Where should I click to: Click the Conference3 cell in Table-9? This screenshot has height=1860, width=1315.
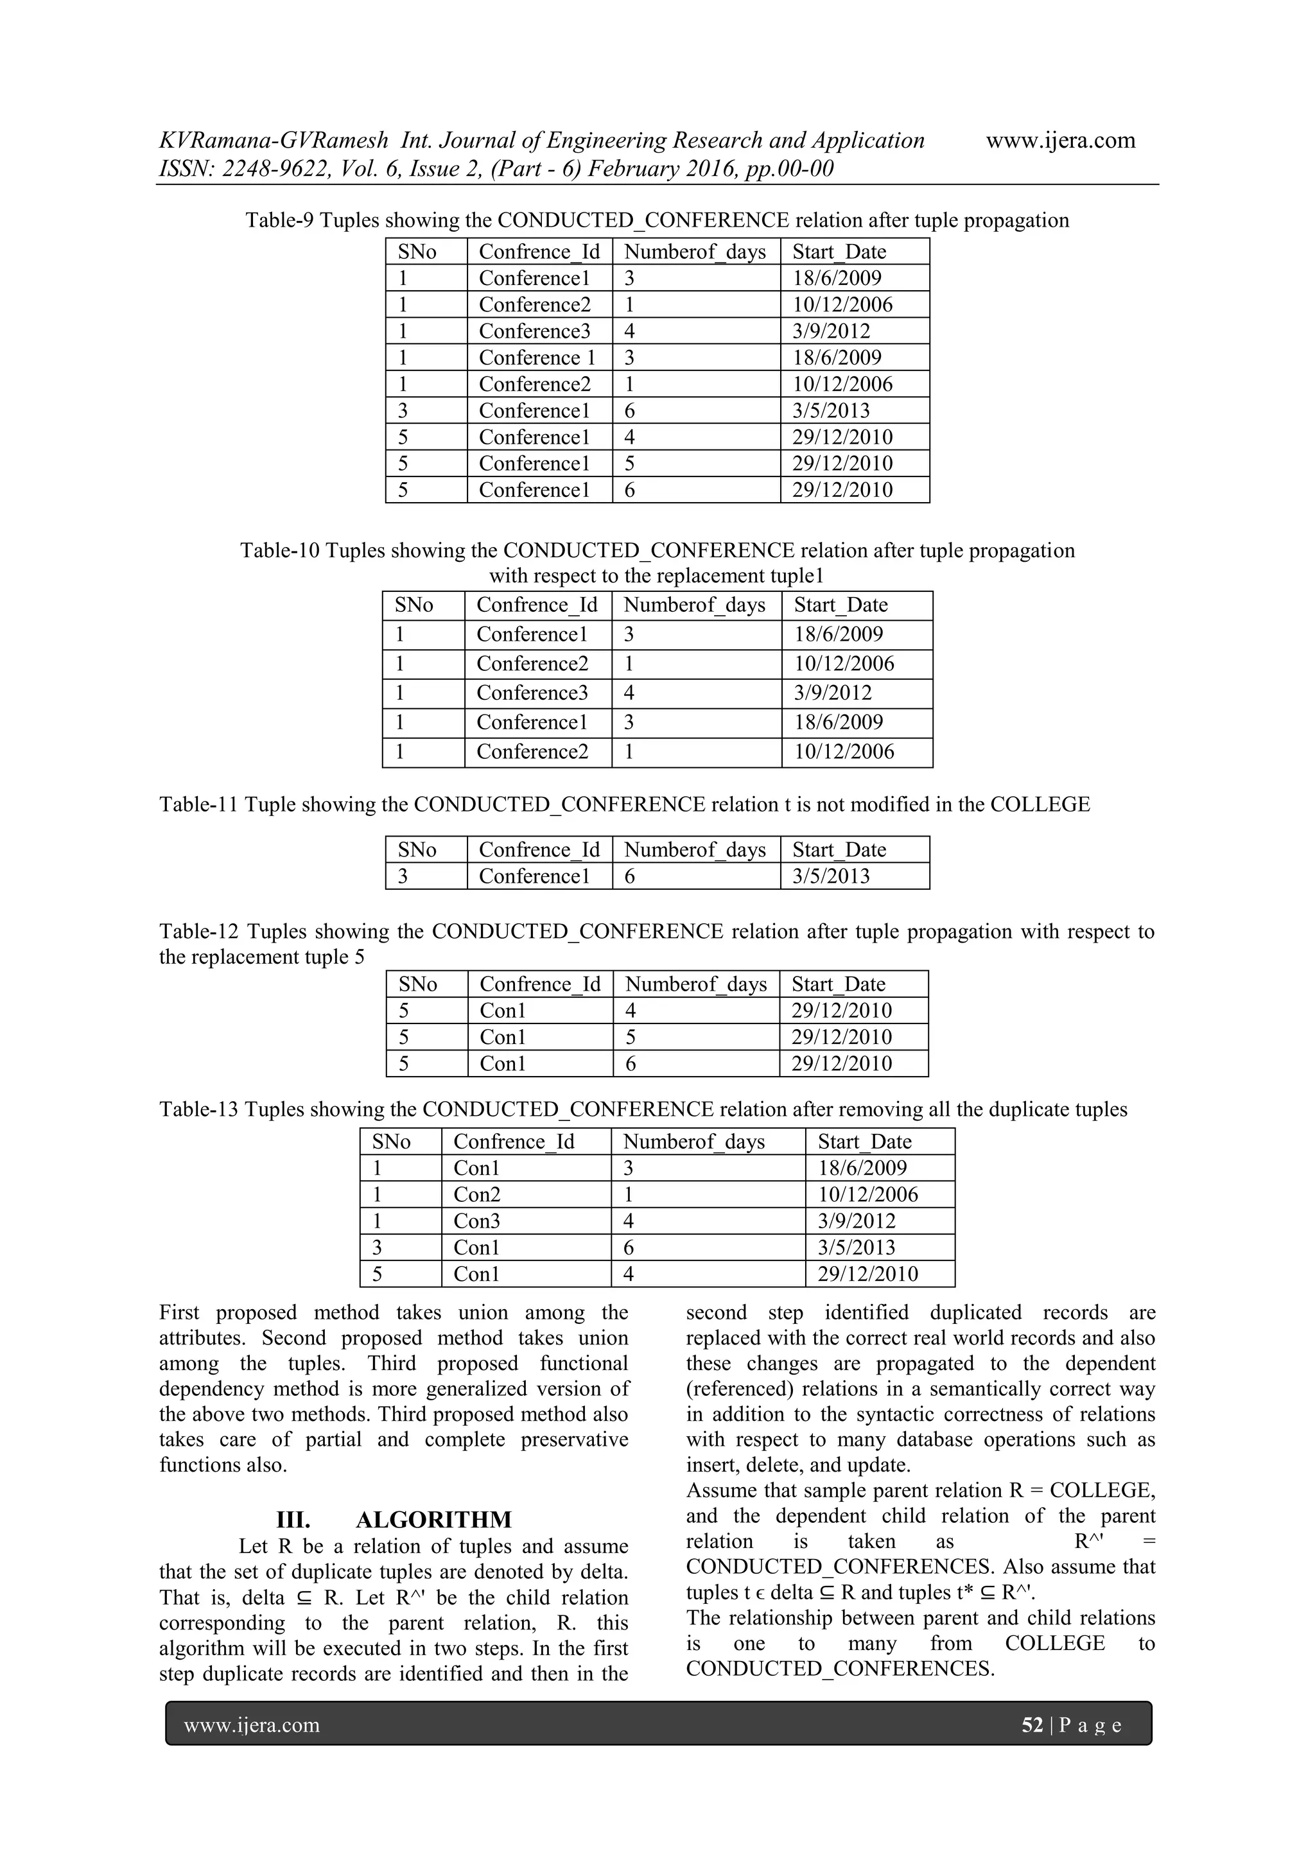click(534, 331)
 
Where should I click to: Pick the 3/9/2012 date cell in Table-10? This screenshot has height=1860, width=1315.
click(832, 693)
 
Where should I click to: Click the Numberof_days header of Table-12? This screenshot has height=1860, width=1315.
click(695, 984)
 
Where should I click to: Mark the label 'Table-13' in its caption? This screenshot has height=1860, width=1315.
click(198, 1109)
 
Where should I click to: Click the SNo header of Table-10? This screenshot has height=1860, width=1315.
click(414, 605)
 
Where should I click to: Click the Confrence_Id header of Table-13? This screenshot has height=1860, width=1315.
click(513, 1142)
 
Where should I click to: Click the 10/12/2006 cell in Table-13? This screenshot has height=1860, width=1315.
click(867, 1194)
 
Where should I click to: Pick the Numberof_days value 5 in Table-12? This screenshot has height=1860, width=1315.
click(631, 1037)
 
